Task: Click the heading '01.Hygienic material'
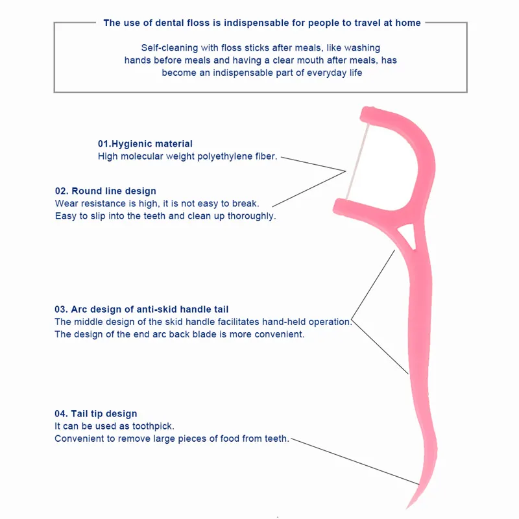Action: click(145, 144)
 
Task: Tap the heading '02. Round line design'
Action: click(106, 191)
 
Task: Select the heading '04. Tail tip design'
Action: click(95, 414)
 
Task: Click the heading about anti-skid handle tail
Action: click(141, 309)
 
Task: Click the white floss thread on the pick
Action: click(357, 162)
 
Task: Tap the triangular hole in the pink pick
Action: click(407, 235)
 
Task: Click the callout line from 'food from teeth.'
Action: click(355, 462)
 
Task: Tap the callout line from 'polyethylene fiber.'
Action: click(313, 164)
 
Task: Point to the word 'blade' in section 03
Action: click(204, 334)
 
